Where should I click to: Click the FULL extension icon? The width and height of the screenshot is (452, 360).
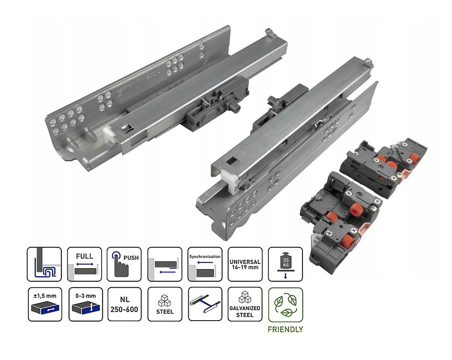(85, 264)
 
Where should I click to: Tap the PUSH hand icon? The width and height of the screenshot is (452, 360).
(124, 264)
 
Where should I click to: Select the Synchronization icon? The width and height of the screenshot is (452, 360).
(204, 264)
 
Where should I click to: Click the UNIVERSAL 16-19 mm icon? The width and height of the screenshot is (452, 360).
(245, 264)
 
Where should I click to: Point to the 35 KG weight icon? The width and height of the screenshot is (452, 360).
(285, 264)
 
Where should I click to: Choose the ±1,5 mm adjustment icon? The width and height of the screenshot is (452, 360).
(45, 304)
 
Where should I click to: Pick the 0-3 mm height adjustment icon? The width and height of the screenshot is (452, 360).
(86, 304)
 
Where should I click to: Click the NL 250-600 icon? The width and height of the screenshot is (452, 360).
(124, 304)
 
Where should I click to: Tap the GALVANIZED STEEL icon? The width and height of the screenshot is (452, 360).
(245, 304)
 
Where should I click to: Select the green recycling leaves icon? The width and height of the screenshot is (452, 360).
(285, 305)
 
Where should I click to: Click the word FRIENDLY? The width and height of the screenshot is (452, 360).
(285, 329)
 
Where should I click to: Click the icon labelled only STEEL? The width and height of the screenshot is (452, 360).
(165, 304)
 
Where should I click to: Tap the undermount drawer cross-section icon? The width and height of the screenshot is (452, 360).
(44, 264)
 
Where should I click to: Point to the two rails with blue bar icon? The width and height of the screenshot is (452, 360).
(205, 304)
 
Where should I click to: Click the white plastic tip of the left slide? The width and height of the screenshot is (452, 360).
(108, 134)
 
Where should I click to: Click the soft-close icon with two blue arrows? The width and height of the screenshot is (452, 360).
(165, 264)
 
